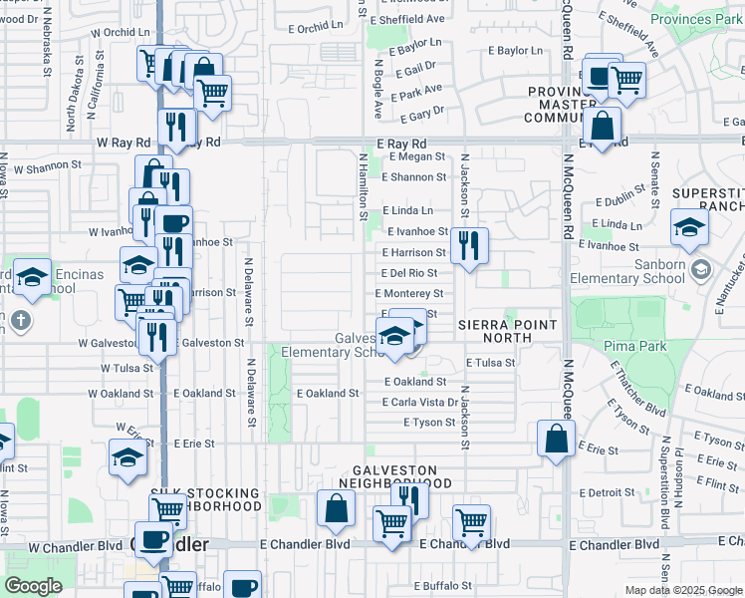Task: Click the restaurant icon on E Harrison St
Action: (x=469, y=244)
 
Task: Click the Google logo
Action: (x=34, y=586)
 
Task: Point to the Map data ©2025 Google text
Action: (x=682, y=590)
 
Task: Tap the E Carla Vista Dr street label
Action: (x=420, y=403)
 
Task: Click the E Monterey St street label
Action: (x=409, y=294)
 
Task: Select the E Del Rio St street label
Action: (x=408, y=272)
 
